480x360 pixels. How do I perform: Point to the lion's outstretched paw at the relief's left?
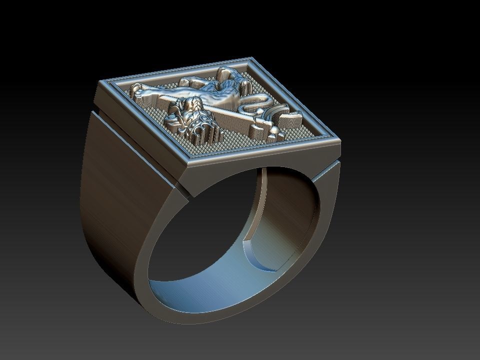coord(136,91)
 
